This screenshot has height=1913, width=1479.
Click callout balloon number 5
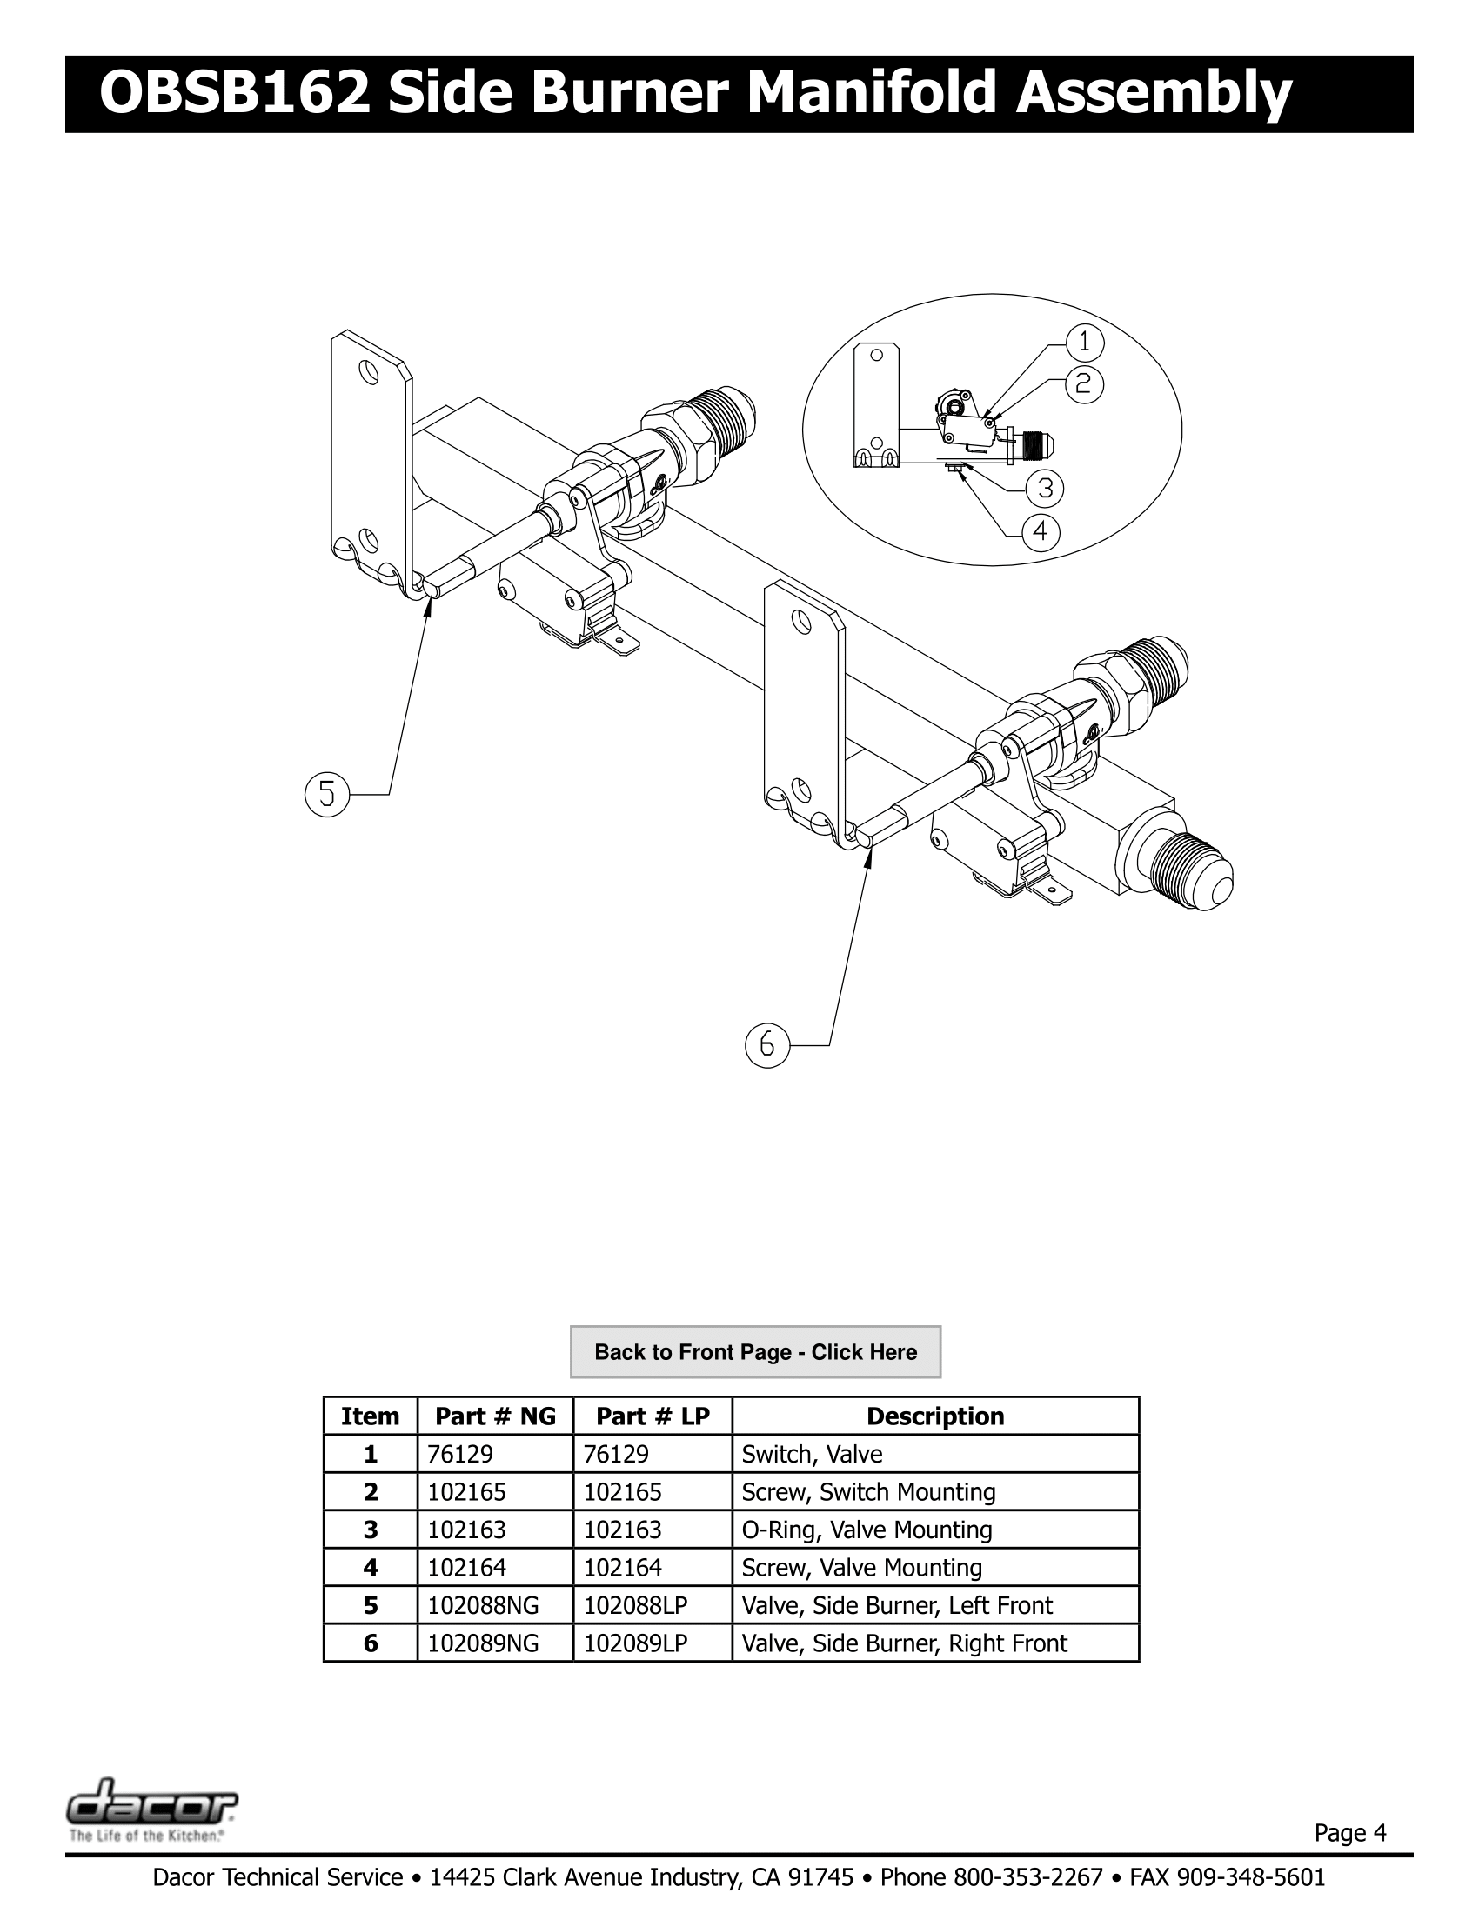tap(327, 795)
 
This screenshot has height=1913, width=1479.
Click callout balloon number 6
tap(767, 1046)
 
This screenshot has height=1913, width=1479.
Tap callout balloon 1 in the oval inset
tap(1085, 343)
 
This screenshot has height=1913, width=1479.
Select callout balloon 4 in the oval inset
tap(1040, 532)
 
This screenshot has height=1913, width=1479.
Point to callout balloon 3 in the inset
tap(1044, 488)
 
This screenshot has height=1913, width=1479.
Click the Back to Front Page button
tap(755, 1351)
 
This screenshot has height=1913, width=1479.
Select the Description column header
tap(935, 1416)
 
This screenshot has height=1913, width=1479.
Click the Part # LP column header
tap(652, 1416)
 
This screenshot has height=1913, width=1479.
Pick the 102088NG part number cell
tap(483, 1605)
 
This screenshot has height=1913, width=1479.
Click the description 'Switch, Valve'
tap(812, 1454)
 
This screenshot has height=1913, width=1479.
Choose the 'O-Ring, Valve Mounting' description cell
tap(867, 1530)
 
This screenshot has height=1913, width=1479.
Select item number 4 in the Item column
tap(370, 1568)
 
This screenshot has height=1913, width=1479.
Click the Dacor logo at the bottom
tap(151, 1803)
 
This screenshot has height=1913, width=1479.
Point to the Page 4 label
tap(1349, 1832)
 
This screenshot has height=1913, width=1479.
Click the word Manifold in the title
tap(871, 94)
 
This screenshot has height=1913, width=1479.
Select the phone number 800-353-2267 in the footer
tap(1027, 1877)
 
